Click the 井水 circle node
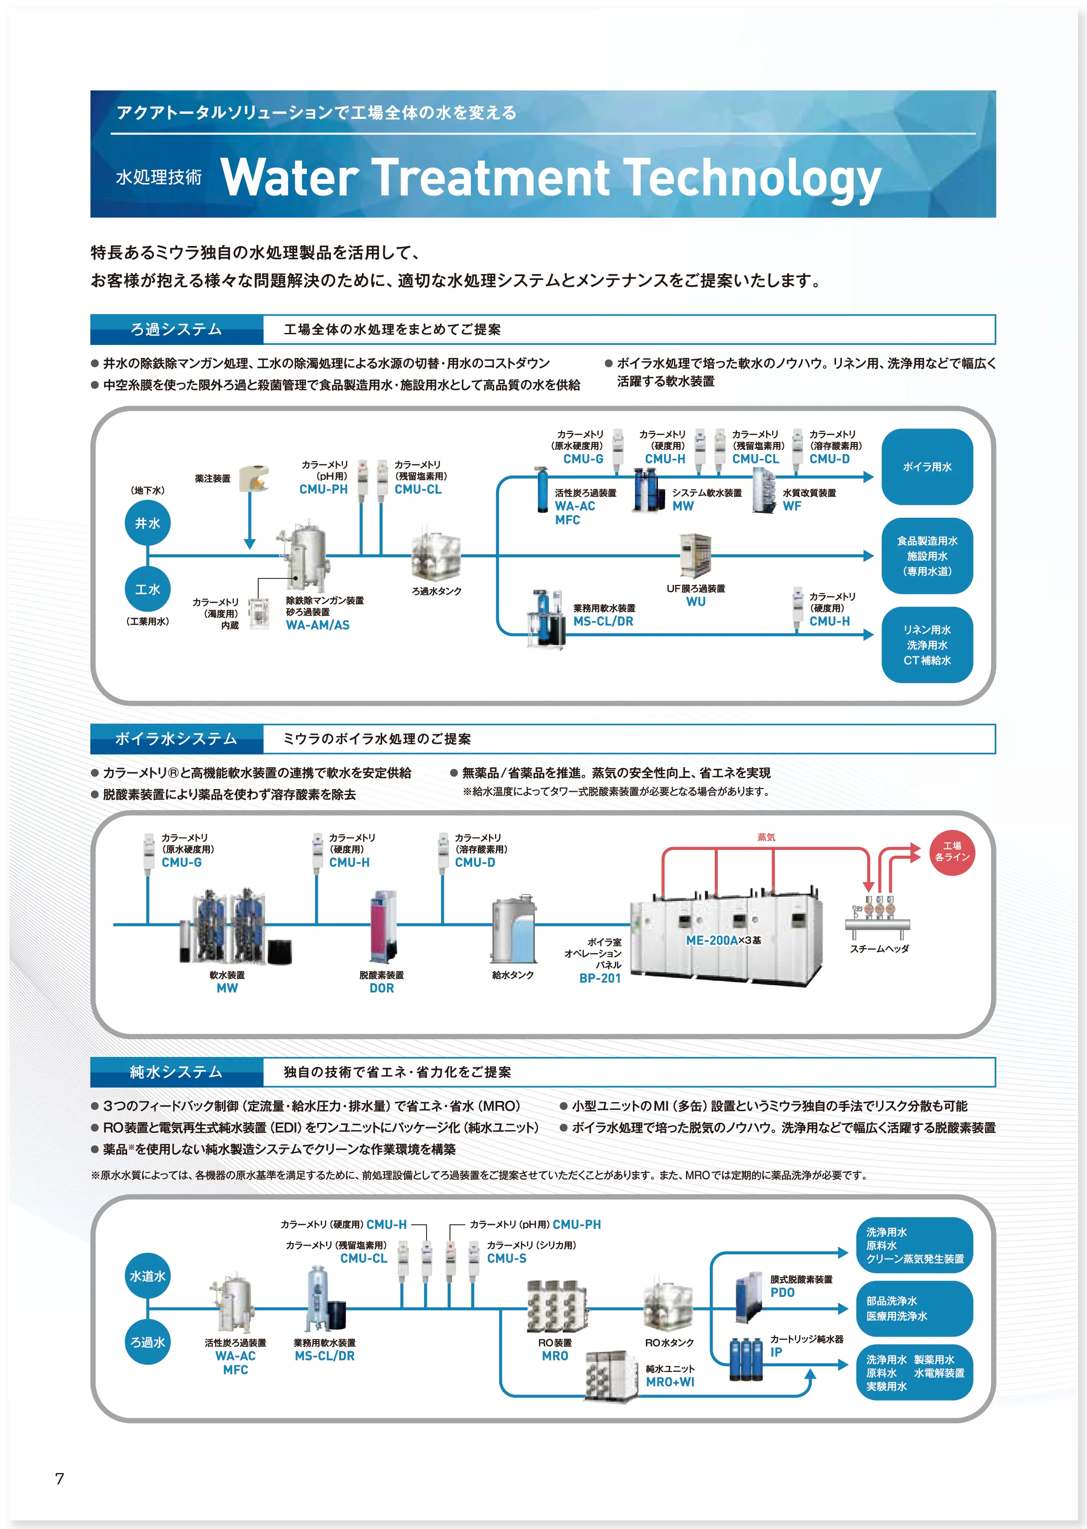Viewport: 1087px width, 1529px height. [x=147, y=523]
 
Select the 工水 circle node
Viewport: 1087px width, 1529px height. [x=147, y=589]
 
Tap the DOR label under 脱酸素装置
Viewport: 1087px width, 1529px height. [x=382, y=988]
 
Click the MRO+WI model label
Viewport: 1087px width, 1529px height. [x=670, y=1382]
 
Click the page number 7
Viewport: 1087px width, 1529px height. [x=59, y=1478]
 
